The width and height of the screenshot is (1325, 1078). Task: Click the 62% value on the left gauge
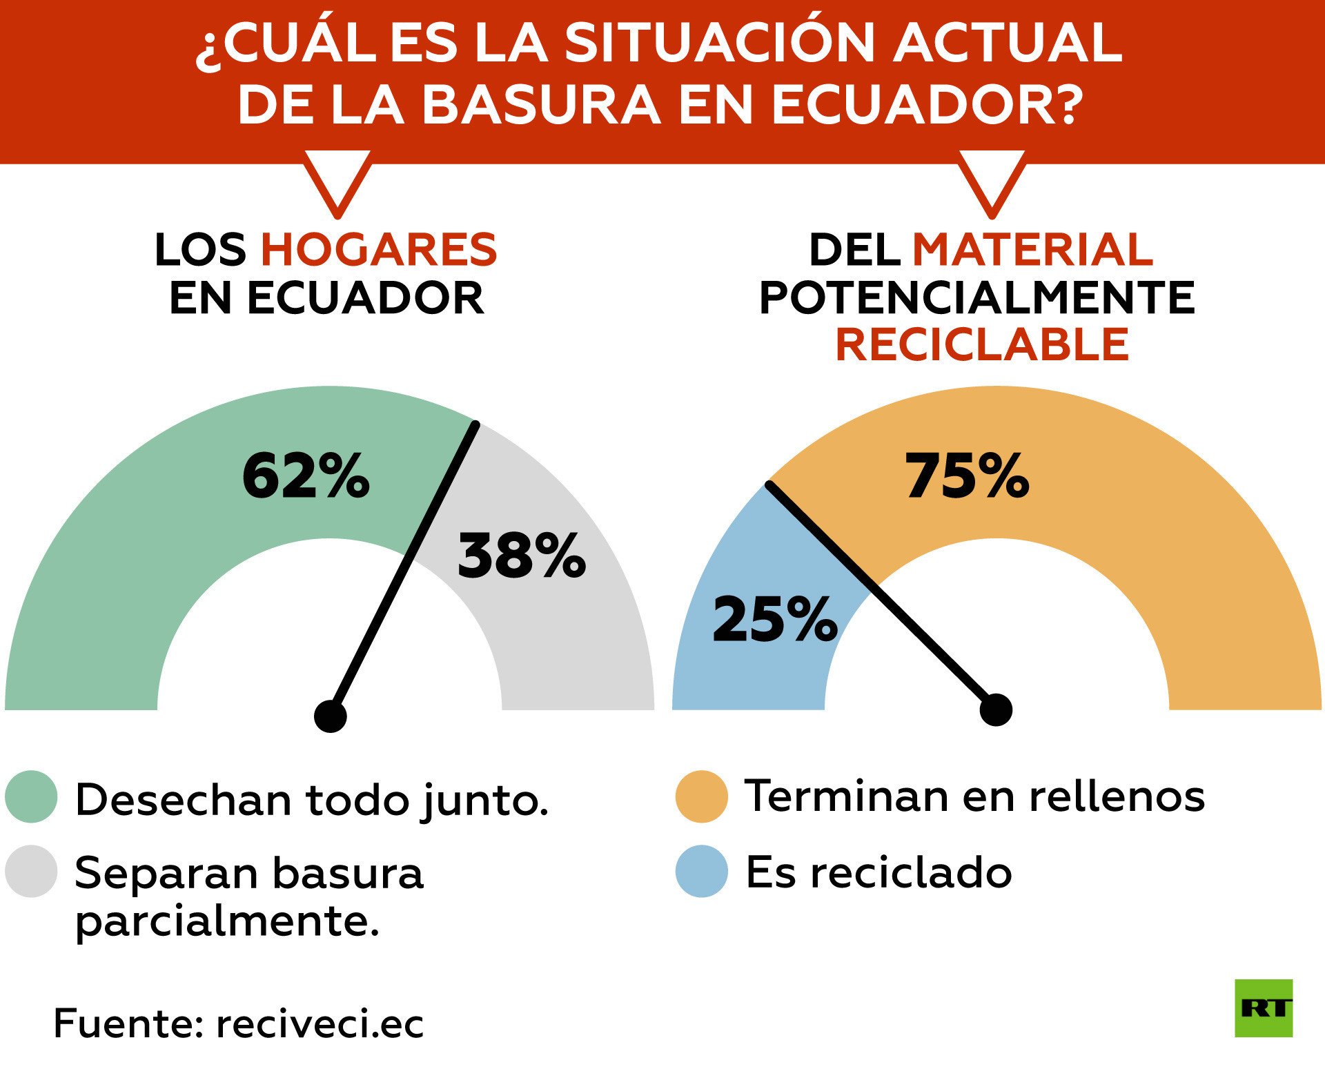pos(306,476)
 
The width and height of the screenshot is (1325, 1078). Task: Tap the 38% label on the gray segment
pos(521,556)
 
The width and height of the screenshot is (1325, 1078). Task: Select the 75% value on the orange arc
pos(967,476)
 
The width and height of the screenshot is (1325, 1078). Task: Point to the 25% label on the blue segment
pos(774,620)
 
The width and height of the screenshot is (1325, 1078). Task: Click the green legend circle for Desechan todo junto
pos(31,796)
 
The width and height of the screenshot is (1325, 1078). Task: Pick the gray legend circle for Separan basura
pos(31,871)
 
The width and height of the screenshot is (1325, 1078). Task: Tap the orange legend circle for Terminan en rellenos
pos(702,796)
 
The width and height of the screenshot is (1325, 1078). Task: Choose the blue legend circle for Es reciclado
pos(702,871)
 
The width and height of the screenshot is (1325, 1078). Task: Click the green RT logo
pos(1263,1008)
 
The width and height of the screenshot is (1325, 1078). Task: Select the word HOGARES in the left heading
pos(379,249)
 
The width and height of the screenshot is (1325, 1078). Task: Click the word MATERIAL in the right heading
pos(1032,249)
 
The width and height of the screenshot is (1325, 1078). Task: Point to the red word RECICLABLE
pos(982,344)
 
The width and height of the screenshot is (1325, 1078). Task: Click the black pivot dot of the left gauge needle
pos(330,716)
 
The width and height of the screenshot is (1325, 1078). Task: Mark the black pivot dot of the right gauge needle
pos(996,709)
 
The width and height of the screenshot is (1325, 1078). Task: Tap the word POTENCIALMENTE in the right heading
pos(977,297)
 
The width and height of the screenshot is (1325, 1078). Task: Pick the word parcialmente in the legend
pos(228,921)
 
